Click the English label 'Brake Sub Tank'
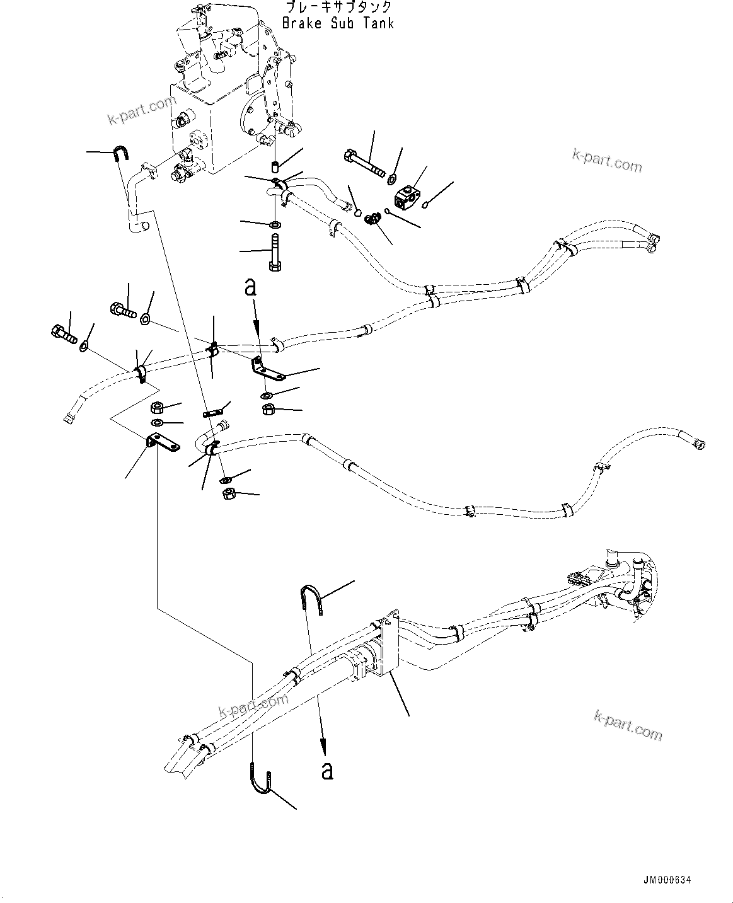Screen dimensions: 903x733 tap(338, 23)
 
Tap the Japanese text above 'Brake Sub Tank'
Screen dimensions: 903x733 tap(338, 8)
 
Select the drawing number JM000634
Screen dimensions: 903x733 tap(671, 880)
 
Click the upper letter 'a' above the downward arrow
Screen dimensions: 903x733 tap(251, 288)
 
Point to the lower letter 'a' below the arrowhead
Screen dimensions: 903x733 tap(326, 769)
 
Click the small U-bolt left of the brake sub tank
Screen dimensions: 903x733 tap(120, 153)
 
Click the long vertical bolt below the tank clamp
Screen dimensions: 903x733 tap(274, 252)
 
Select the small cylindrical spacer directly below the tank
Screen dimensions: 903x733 tap(274, 167)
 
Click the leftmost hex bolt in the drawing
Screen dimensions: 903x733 tap(62, 333)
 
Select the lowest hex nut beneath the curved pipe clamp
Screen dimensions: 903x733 tap(229, 494)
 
